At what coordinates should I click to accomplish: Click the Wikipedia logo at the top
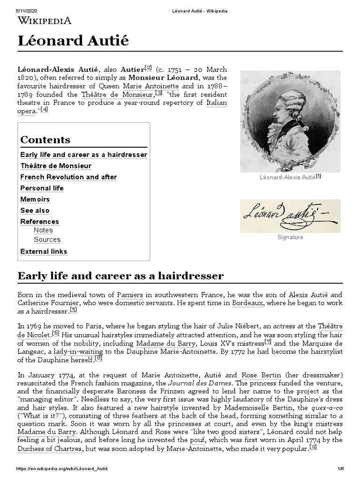click(x=45, y=20)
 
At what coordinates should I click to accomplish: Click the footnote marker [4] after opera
click(x=44, y=110)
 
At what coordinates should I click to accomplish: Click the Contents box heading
click(x=45, y=140)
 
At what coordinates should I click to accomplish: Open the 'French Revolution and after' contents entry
click(x=68, y=177)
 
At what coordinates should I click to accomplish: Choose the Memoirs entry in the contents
click(x=35, y=200)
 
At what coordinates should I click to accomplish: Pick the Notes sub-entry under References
click(x=43, y=230)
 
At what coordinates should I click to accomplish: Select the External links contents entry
click(x=44, y=252)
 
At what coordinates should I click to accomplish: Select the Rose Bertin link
click(x=261, y=375)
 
